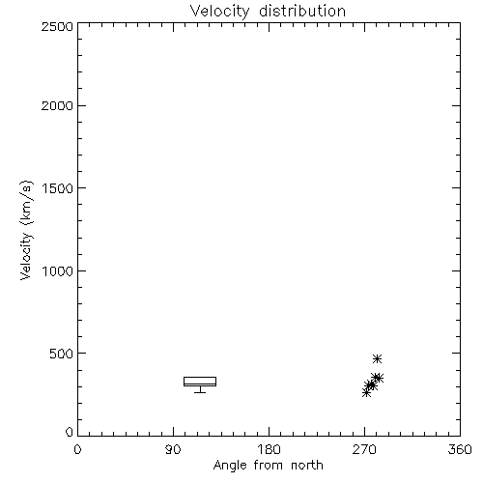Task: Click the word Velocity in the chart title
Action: tap(220, 13)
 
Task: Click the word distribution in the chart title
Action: tap(302, 11)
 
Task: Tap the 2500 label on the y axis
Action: tap(57, 26)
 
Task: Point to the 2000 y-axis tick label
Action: tap(57, 105)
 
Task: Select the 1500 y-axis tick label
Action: tap(58, 188)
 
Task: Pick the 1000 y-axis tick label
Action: tap(58, 271)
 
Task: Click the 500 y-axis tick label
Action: tap(62, 354)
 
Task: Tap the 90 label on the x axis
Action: tap(173, 449)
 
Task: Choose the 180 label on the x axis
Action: tap(269, 449)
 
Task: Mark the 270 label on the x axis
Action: tap(364, 449)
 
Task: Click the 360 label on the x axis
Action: tap(460, 449)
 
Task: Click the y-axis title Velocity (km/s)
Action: tap(26, 230)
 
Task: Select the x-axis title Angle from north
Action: tap(269, 466)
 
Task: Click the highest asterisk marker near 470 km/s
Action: tap(377, 358)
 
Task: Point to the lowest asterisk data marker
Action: tap(366, 392)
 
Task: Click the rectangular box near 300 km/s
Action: tap(200, 378)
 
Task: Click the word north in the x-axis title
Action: tap(307, 465)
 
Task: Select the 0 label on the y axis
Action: tap(70, 432)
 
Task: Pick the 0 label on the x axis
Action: tap(77, 449)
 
